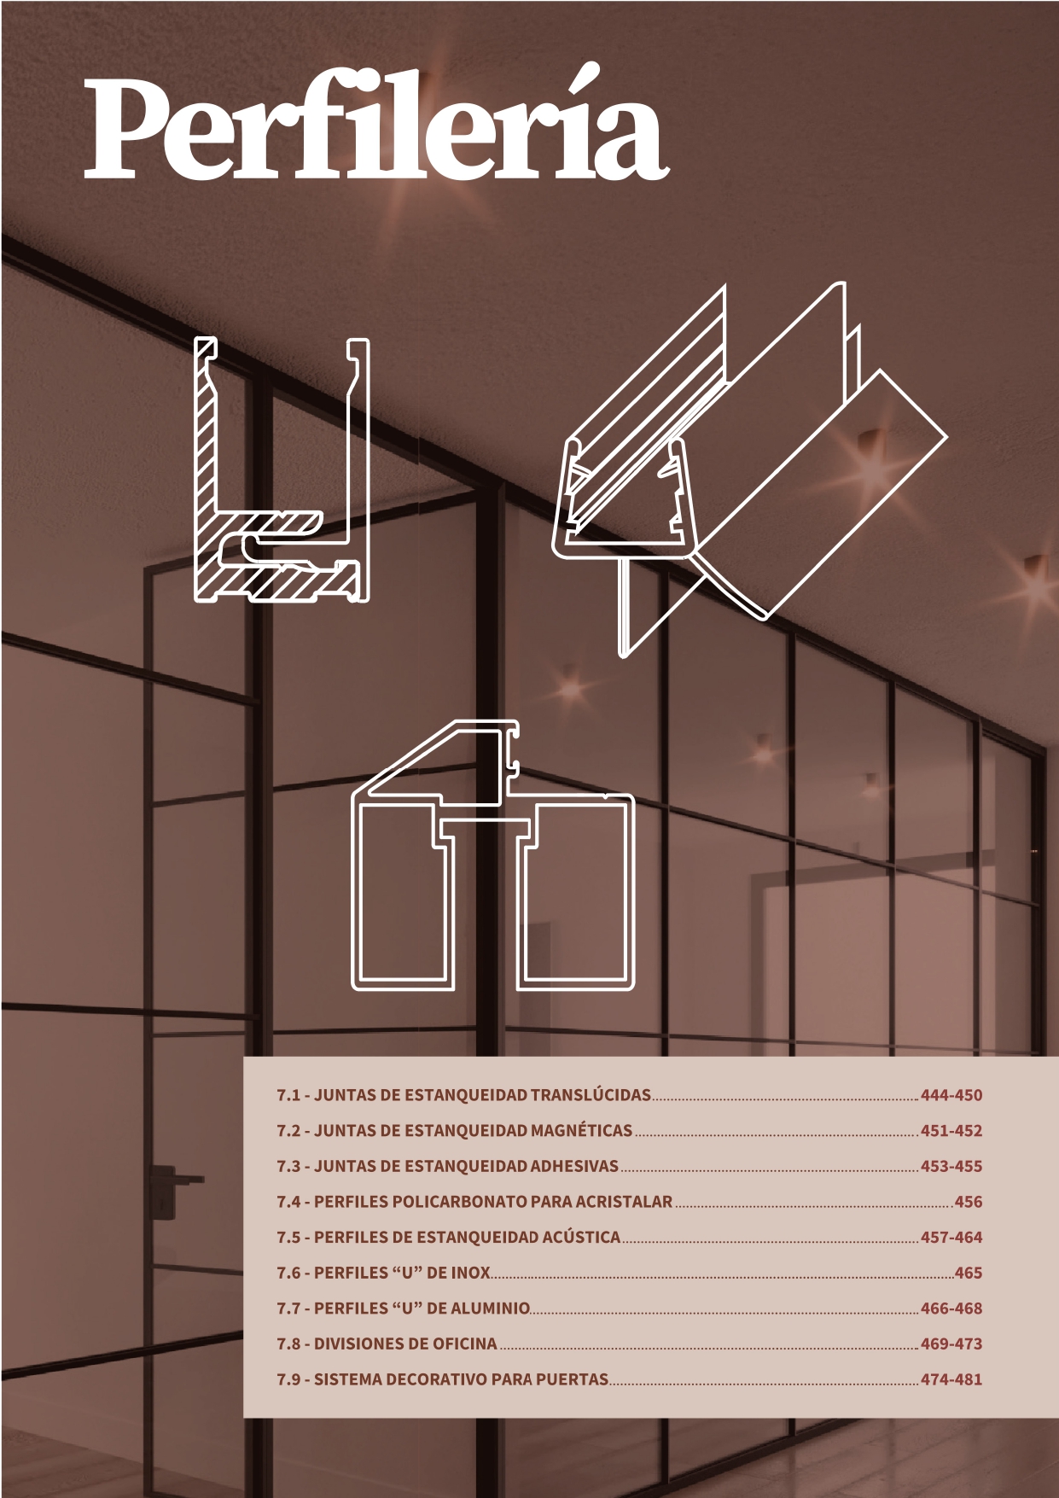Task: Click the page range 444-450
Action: pos(951,1095)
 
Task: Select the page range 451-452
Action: pos(951,1131)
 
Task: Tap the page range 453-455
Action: pos(951,1166)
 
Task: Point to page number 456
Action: pos(969,1202)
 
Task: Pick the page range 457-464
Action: pos(951,1237)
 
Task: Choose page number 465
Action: pos(969,1273)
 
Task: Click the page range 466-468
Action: pos(951,1308)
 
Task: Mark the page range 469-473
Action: pos(951,1344)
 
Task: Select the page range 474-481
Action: pos(951,1379)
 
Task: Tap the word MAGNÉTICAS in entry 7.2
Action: pos(581,1131)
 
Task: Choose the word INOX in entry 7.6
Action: pos(470,1273)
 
